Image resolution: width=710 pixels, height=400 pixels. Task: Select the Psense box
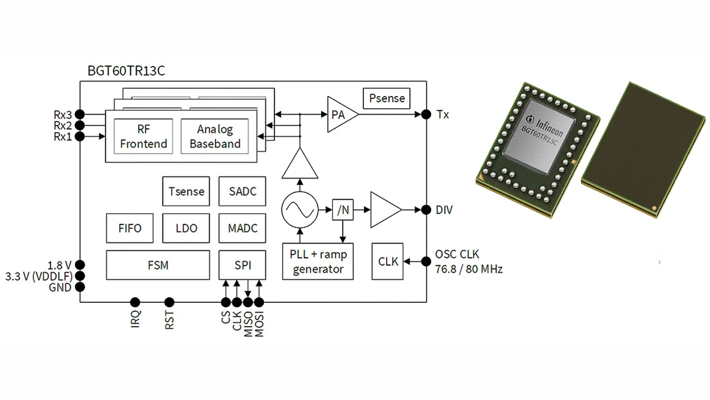387,98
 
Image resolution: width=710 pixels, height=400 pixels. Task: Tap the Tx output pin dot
426,114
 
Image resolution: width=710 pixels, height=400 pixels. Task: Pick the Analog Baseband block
215,136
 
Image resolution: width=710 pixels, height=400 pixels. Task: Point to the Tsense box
186,192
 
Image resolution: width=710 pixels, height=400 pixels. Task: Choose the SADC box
242,192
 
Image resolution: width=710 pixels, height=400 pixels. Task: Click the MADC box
242,228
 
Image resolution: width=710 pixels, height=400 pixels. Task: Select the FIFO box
130,228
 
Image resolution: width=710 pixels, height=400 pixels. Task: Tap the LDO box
186,228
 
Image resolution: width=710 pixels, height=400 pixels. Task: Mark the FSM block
158,265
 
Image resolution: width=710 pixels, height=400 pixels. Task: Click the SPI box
242,265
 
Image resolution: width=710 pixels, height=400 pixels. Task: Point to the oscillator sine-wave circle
300,210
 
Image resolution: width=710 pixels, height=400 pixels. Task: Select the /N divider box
343,210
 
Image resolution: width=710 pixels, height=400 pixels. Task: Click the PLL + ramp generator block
318,262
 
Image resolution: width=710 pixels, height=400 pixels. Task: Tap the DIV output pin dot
426,210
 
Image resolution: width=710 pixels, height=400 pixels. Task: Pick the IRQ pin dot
134,302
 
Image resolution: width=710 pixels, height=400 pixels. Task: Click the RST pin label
170,321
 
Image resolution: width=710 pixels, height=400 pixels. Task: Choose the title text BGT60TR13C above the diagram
126,71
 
